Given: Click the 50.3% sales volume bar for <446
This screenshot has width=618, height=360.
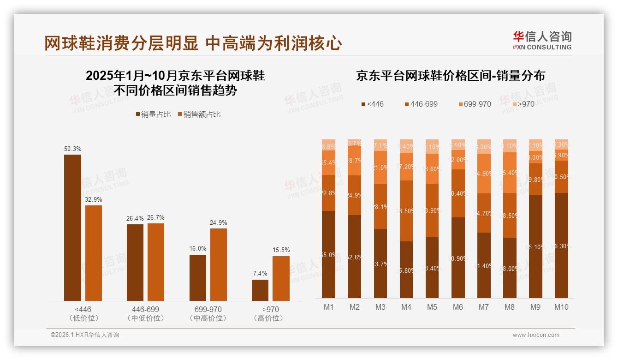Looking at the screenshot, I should tap(72, 228).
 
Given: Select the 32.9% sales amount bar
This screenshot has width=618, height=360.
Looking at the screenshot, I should tap(94, 253).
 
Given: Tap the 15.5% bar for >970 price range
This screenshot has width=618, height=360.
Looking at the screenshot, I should tap(281, 278).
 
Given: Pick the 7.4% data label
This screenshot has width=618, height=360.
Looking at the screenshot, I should tap(260, 273).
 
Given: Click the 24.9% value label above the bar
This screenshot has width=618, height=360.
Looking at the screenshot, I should tap(218, 222).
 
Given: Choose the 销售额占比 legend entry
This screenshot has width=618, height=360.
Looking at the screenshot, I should tap(199, 114).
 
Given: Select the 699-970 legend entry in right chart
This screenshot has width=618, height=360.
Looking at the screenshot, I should tap(474, 104).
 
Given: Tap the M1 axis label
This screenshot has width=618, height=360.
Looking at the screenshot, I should tap(328, 307).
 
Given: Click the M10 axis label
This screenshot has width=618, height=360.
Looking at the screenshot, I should tap(561, 307).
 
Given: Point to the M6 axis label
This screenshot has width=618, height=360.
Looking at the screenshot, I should tap(458, 307).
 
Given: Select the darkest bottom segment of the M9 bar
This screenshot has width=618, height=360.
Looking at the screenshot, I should tap(535, 246).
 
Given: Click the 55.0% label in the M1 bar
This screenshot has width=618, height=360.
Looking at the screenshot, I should tap(328, 255).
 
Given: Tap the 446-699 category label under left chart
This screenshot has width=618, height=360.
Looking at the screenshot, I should tap(145, 309).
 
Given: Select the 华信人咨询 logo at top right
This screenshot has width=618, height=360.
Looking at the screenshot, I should tap(542, 40).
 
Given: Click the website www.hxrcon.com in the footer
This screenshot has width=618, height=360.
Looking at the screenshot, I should tap(536, 335).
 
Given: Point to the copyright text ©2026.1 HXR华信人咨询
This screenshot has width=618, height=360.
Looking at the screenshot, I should tap(85, 335).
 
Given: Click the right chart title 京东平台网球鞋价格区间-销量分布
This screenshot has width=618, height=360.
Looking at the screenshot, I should tap(450, 76).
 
